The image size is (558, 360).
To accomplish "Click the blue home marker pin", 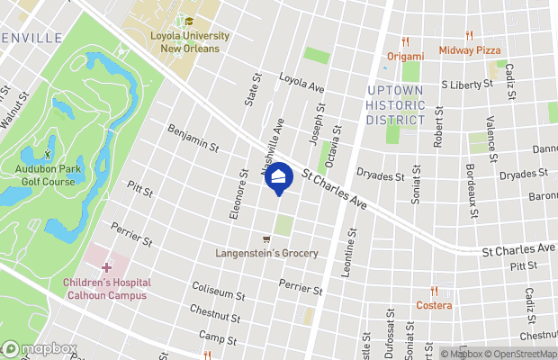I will pos(279,178).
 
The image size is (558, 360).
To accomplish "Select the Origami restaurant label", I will pos(405,56).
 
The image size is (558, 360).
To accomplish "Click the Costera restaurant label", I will pos(435,305).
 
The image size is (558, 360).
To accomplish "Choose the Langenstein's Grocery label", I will pos(266,253).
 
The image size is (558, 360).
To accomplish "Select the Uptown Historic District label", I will pos(395,105).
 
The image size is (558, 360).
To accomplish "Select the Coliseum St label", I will pos(219,291).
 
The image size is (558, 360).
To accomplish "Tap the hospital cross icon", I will pos(106,267).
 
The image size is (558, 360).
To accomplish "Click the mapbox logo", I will pos(39,349).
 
